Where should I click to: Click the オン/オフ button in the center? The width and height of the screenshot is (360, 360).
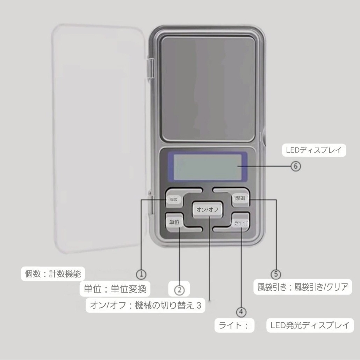(207, 210)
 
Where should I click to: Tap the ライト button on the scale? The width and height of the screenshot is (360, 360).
(240, 222)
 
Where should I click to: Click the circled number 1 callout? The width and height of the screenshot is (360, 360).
(141, 274)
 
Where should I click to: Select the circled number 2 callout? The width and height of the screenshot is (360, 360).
(179, 290)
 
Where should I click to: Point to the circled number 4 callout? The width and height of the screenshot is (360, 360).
(241, 312)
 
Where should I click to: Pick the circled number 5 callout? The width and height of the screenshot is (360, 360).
(276, 274)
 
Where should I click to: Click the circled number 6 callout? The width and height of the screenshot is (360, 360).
(296, 166)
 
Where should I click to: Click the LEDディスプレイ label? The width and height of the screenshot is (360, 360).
(314, 150)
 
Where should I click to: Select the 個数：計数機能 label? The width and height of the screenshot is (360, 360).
(53, 274)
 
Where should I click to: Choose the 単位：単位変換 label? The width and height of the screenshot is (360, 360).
(115, 289)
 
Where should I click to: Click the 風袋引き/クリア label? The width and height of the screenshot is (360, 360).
(321, 287)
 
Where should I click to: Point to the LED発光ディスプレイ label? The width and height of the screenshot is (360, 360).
(310, 325)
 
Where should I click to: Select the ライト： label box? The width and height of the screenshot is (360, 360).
(234, 325)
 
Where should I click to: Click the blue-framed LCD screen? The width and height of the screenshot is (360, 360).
(207, 167)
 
